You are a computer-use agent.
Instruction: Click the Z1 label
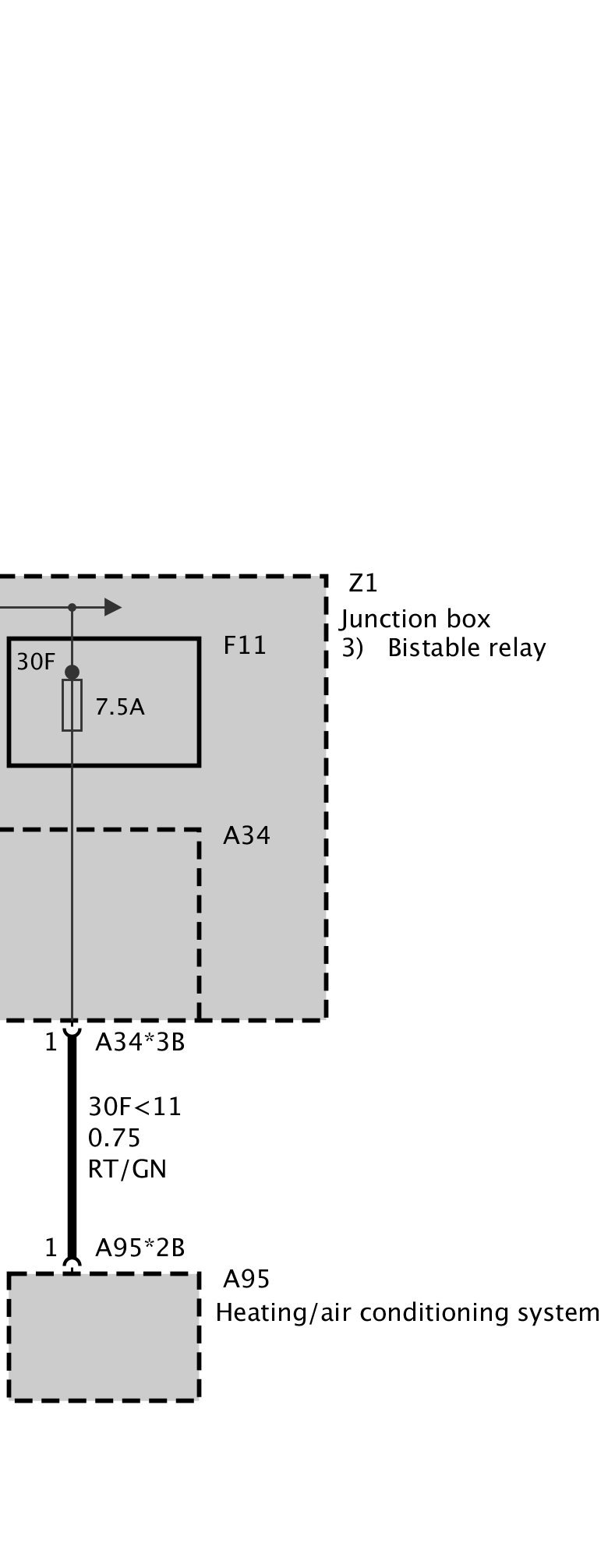[362, 583]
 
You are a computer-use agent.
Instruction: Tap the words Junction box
[415, 619]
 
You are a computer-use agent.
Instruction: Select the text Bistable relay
[466, 648]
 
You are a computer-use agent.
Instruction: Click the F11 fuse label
[244, 645]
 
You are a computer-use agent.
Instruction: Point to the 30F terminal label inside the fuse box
[36, 662]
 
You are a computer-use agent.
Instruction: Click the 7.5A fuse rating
[120, 707]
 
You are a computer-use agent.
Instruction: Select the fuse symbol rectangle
[72, 705]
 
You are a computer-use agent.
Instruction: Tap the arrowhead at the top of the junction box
[113, 607]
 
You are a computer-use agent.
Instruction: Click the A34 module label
[246, 835]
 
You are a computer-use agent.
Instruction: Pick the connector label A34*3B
[140, 1042]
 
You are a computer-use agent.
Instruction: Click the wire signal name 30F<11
[134, 1107]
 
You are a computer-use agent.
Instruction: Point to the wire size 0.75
[114, 1138]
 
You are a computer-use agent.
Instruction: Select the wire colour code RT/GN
[127, 1169]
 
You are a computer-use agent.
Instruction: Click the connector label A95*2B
[140, 1248]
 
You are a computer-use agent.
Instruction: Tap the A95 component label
[246, 1279]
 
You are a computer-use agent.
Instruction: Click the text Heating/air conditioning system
[408, 1312]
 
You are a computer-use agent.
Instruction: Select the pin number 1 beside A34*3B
[51, 1042]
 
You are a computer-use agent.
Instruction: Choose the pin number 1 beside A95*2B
[51, 1248]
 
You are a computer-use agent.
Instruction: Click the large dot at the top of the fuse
[72, 672]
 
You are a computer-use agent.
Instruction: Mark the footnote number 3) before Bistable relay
[352, 648]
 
